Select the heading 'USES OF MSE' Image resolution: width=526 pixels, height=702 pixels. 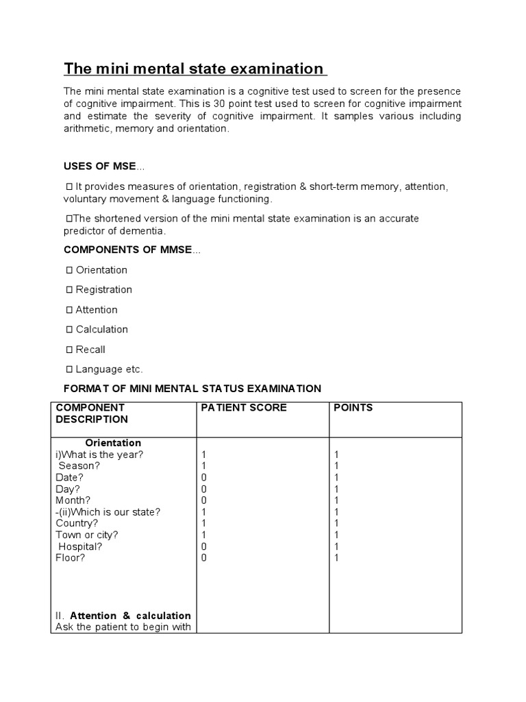pyautogui.click(x=101, y=167)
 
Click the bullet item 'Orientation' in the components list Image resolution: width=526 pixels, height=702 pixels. pyautogui.click(x=101, y=270)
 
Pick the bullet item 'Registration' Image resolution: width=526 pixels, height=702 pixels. pyautogui.click(x=103, y=290)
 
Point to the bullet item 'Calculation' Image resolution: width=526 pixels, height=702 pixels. pyautogui.click(x=101, y=330)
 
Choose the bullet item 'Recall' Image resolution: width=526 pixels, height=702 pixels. pyautogui.click(x=90, y=350)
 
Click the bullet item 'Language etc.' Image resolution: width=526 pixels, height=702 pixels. pyautogui.click(x=109, y=370)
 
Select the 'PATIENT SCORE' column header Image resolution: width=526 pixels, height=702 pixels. pyautogui.click(x=244, y=408)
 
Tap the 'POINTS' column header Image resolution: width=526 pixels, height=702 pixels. pyautogui.click(x=353, y=408)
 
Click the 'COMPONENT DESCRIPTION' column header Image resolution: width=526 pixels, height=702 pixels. pyautogui.click(x=92, y=413)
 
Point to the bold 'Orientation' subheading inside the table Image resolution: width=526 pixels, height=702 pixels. pyautogui.click(x=113, y=443)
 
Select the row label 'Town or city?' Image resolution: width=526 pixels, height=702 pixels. pyautogui.click(x=87, y=535)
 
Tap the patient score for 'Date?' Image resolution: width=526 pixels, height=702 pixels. pyautogui.click(x=204, y=478)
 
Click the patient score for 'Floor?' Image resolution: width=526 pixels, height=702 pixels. pyautogui.click(x=204, y=558)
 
